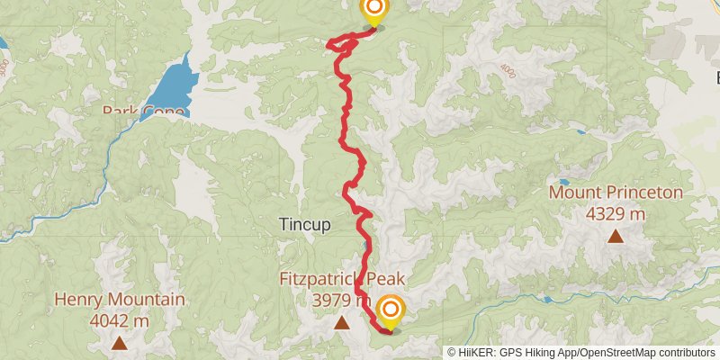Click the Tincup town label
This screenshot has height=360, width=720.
(305, 224)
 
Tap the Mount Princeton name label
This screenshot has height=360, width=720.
(616, 193)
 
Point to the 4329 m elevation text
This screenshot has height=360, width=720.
(616, 213)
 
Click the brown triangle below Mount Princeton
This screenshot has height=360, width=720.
(616, 236)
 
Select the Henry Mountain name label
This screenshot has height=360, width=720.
(120, 300)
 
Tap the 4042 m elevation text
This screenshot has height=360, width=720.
(120, 319)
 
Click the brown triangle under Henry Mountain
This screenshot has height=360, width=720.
(120, 342)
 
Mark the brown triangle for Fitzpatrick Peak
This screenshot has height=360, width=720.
(342, 322)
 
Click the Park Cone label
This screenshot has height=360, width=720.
(144, 112)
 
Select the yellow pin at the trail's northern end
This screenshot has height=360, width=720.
(373, 11)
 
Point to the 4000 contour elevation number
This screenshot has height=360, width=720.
(509, 72)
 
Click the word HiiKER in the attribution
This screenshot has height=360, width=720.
(480, 353)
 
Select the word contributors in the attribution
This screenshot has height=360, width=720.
(687, 353)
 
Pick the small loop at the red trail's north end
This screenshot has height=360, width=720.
(339, 42)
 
